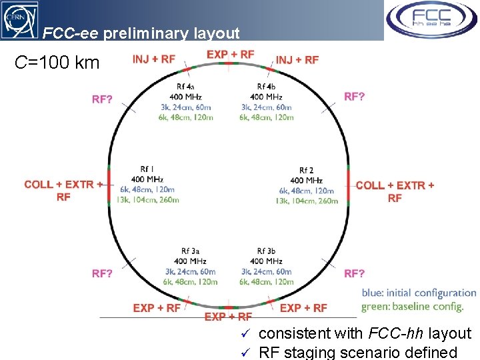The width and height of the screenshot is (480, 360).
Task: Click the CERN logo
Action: pos(19,19)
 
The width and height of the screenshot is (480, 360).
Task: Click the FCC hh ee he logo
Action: pos(431,20)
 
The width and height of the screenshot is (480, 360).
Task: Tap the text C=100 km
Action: pos(57,63)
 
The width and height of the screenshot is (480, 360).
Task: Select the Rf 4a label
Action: pos(185,87)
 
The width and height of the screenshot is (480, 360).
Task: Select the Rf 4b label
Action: pos(267,87)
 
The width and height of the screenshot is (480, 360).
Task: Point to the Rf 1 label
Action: pos(147,169)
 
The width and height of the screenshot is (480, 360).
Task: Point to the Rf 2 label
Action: pos(306,171)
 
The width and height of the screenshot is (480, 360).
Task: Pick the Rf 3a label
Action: pos(189,251)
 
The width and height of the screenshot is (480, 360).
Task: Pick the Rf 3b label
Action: pos(266,251)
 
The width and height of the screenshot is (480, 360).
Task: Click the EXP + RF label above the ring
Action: pos(230,54)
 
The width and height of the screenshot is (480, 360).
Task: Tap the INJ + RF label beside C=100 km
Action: pos(154,59)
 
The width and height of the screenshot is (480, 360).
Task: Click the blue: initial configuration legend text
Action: pos(419,293)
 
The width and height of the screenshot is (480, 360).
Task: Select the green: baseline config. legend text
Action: pos(412,307)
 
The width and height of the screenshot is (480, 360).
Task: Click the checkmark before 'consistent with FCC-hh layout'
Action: pos(245,334)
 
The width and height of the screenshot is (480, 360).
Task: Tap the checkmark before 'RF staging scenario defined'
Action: pos(245,351)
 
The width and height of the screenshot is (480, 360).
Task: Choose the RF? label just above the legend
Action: pos(354,273)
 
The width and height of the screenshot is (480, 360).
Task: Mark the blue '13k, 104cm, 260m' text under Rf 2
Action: pos(306,201)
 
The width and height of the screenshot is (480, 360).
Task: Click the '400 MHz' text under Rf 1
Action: pos(147,179)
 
